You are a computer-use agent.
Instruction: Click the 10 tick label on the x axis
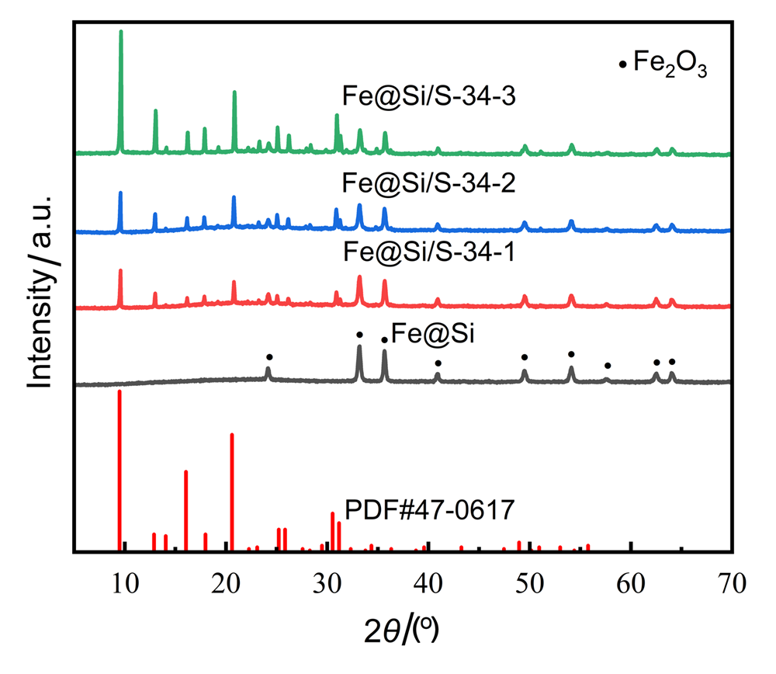click(123, 578)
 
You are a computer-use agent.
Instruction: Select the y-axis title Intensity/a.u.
click(43, 289)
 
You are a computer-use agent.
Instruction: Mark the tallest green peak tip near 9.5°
click(120, 32)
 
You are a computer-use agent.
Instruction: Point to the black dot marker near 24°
click(268, 357)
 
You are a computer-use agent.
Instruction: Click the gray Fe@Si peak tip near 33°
click(359, 347)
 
